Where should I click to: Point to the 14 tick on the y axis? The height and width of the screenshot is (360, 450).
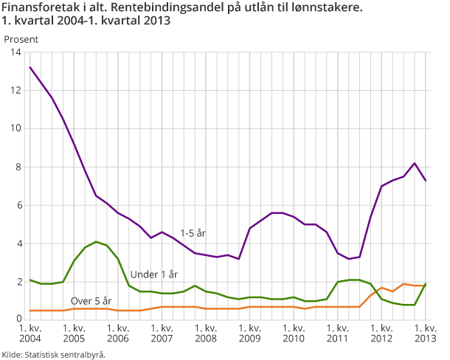pos(15,52)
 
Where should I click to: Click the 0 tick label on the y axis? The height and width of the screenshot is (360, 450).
pos(18,319)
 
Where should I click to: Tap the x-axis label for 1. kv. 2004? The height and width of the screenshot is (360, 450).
pos(30,333)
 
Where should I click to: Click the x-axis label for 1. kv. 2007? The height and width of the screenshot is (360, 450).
pos(162,333)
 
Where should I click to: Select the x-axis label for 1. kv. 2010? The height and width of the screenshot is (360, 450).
pos(293,333)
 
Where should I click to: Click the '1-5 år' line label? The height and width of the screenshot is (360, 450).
pos(193,232)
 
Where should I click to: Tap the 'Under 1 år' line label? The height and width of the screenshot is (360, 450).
pos(154,274)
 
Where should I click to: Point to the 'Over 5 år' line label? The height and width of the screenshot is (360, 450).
pos(91,300)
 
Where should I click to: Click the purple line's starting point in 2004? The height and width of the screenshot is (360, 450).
pos(30,67)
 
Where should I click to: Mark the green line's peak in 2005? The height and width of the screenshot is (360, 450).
pos(96,241)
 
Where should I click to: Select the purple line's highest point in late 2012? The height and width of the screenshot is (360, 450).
pos(415,163)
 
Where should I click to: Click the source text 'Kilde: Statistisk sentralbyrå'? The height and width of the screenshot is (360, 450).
pos(53,353)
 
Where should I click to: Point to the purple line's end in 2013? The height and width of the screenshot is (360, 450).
pos(426,180)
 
